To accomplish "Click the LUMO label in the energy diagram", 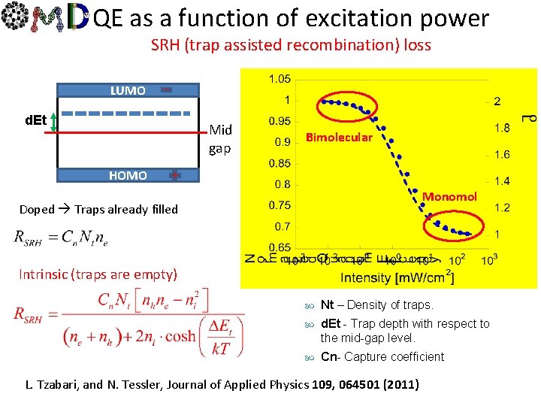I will coord(128,90).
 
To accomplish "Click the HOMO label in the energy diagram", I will coord(128,175).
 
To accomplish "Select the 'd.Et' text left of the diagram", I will coord(35,120).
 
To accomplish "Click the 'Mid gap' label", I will coord(220,139).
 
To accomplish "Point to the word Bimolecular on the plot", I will coord(338,137).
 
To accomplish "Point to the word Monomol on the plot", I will coord(449,196).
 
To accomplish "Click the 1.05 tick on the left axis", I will coord(280,79).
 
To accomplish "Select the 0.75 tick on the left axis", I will coord(280,205).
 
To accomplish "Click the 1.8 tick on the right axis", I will coord(502,128).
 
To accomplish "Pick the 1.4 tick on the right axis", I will coord(502,180).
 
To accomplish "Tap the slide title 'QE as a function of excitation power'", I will coord(292,19).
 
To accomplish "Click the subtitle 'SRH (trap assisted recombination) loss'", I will coord(291,45).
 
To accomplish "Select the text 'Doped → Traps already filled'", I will coord(98,209).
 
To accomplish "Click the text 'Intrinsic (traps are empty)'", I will coord(98,274).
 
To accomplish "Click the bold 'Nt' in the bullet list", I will coord(327,304).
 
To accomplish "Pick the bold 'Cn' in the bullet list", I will coord(328,356).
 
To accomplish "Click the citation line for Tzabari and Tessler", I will coord(222,385).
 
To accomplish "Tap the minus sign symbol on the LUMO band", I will coord(167,89).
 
